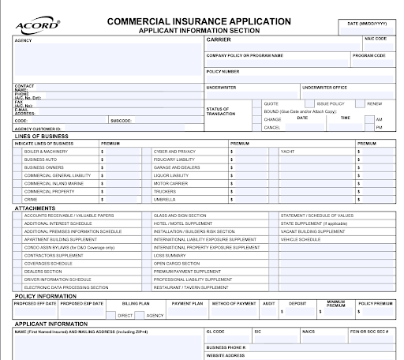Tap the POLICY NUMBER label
click(x=223, y=71)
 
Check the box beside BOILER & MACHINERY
click(x=18, y=150)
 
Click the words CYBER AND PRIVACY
click(x=174, y=150)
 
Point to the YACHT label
click(x=286, y=150)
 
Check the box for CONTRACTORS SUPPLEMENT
click(x=18, y=256)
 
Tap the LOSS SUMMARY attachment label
click(x=169, y=256)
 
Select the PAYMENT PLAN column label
click(x=188, y=302)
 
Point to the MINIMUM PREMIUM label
click(x=336, y=303)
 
